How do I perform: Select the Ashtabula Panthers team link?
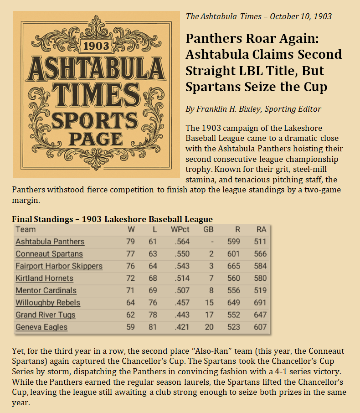click(50, 242)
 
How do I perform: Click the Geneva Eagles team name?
click(41, 327)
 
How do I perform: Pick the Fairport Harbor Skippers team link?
click(59, 266)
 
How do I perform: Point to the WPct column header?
click(180, 229)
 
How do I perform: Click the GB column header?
click(208, 229)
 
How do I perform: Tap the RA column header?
click(261, 229)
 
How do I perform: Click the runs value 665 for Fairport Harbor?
click(233, 266)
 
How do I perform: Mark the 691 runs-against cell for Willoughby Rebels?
click(260, 303)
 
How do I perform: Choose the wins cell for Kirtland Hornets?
click(130, 278)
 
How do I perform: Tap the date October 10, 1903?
click(301, 16)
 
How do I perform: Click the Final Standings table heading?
click(112, 219)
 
